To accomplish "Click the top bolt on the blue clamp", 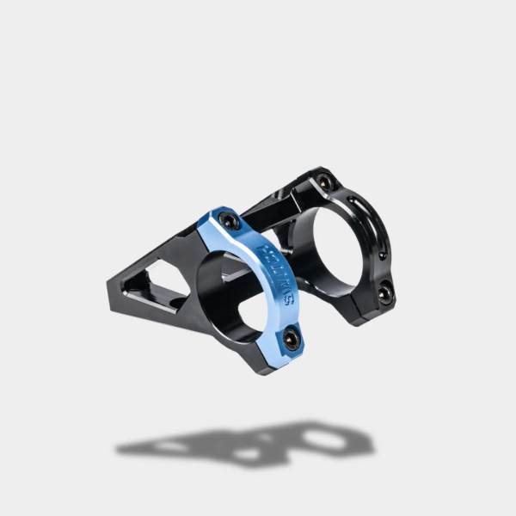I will pos(227,221).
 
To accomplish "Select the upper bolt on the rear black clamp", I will pos(324,182).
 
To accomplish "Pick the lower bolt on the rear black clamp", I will pos(384,293).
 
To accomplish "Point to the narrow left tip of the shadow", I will pos(120,449).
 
